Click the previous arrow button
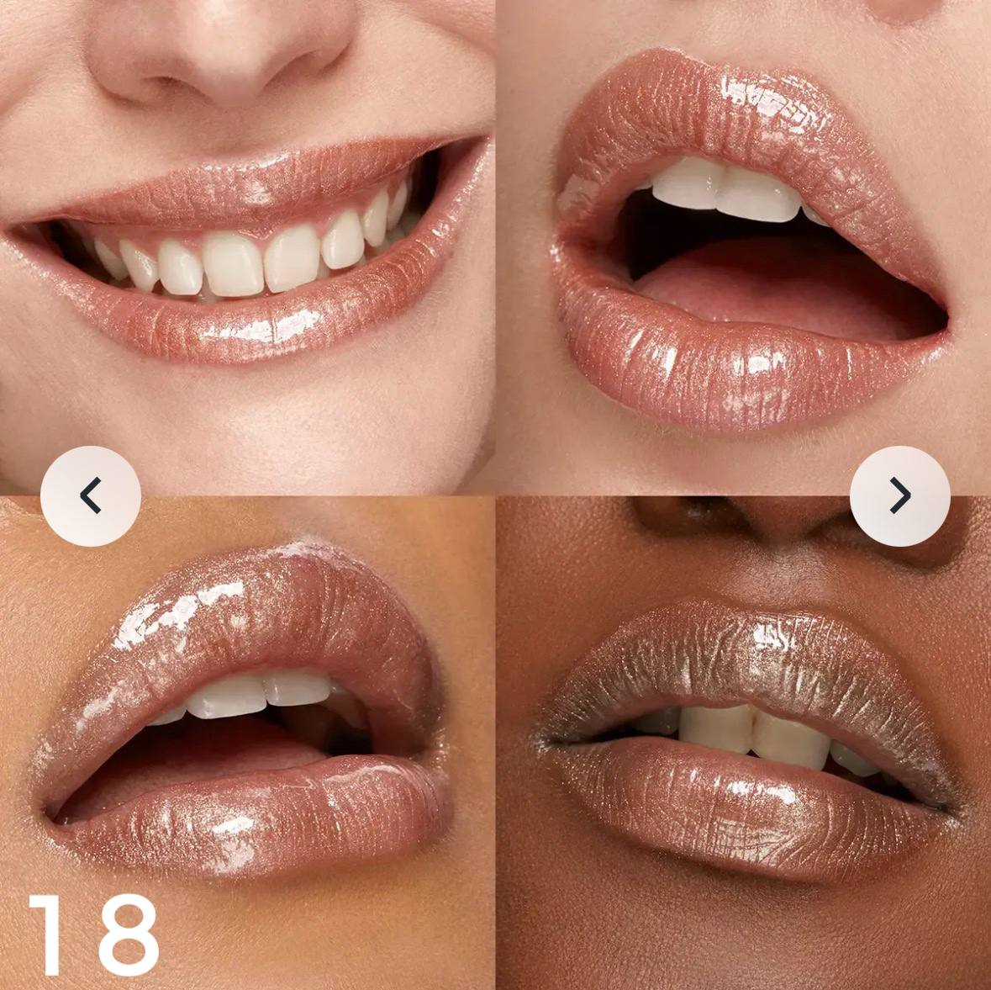(91, 496)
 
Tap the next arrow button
(900, 496)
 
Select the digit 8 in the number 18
(124, 935)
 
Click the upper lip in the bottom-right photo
(752, 664)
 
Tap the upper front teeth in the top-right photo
(727, 190)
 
